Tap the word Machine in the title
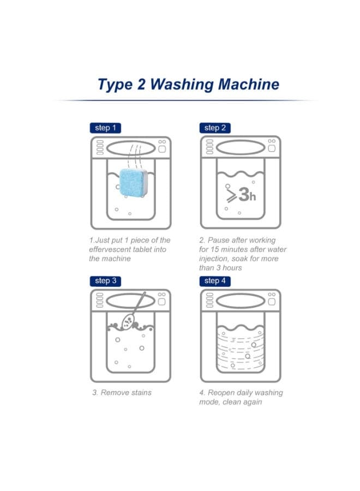pos(249,84)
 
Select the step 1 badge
pos(105,128)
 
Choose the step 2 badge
pos(215,128)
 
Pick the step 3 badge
pos(105,281)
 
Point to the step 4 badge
pos(215,281)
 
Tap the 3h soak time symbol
pos(241,194)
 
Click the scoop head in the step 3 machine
pos(128,321)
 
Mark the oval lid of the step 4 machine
pos(241,301)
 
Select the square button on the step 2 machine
pos(272,148)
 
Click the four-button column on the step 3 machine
pos(100,300)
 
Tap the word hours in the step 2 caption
pos(232,268)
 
